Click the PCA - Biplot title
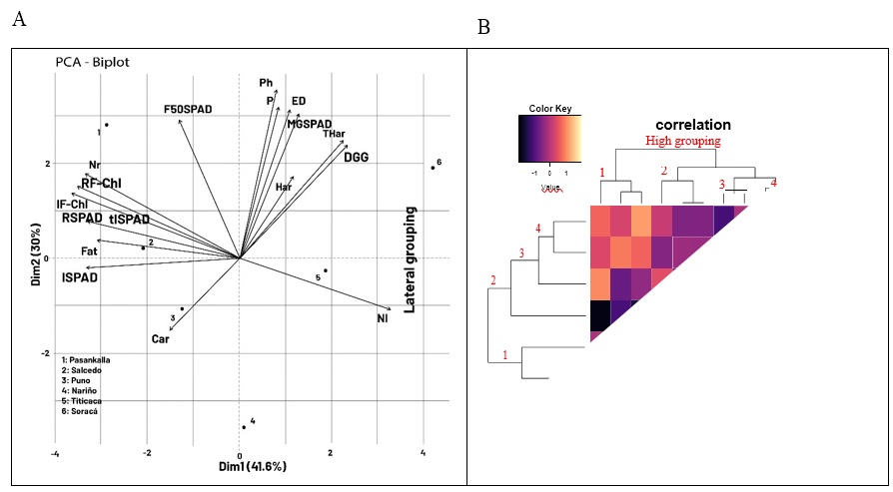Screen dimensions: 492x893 tap(92, 62)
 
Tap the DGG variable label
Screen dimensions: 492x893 tap(357, 157)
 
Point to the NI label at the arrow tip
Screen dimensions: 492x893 tap(382, 318)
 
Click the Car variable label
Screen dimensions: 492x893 tap(160, 339)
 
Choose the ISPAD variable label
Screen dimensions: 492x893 tap(80, 276)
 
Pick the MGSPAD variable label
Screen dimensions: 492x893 tap(309, 124)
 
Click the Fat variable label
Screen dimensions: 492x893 tap(89, 251)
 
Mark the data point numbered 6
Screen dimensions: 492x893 tap(432, 168)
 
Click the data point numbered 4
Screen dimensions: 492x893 tap(243, 427)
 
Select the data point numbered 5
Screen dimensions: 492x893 tap(326, 270)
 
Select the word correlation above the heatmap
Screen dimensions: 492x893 tap(692, 125)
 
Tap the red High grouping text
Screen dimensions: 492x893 tap(683, 141)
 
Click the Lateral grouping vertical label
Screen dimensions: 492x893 tap(410, 259)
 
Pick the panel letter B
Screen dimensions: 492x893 tap(483, 27)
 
